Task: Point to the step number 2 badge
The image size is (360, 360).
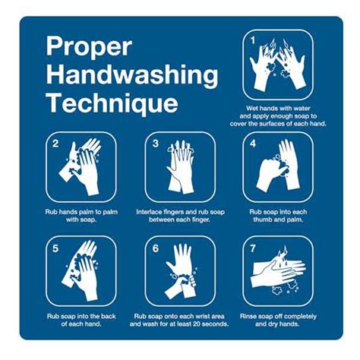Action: point(55,143)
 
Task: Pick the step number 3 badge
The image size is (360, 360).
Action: point(155,143)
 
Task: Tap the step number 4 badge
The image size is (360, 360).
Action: point(252,143)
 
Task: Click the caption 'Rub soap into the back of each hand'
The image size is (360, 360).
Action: point(82,320)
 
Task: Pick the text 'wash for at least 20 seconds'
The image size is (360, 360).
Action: point(188,324)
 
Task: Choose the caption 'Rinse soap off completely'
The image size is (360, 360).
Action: point(277,315)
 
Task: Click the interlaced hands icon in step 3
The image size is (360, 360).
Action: point(180,169)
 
